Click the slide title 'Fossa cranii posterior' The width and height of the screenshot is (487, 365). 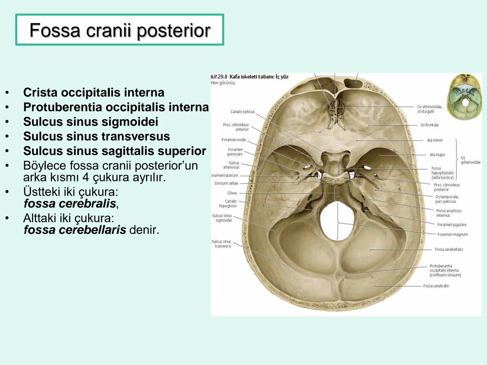pos(120,30)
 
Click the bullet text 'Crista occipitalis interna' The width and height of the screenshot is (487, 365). pos(94,92)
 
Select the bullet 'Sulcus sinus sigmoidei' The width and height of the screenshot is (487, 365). pos(91,122)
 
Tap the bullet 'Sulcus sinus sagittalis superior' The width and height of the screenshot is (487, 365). pos(114,151)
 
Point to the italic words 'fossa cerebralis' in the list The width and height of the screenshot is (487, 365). pos(70,203)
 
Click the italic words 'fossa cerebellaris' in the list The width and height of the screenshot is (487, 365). pos(75,230)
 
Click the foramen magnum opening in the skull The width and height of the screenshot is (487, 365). pos(337,220)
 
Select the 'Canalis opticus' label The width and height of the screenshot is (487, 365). pos(242,112)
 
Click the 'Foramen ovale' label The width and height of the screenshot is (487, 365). pos(233,140)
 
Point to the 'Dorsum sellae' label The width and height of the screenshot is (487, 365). pos(226,184)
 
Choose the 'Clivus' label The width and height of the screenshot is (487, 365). pos(232,193)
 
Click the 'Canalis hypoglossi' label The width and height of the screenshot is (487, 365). pos(228,203)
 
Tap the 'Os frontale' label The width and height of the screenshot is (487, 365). pos(429,125)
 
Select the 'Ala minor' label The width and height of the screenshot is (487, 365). pos(435,140)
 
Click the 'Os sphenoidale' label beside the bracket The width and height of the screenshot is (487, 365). pos(470,160)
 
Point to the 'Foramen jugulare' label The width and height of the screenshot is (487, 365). pos(451,225)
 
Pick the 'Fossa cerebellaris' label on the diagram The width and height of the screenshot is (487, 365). pos(449,249)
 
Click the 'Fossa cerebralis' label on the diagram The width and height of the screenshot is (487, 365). pos(436,286)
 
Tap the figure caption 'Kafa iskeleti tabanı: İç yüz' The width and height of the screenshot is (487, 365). pos(259,77)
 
